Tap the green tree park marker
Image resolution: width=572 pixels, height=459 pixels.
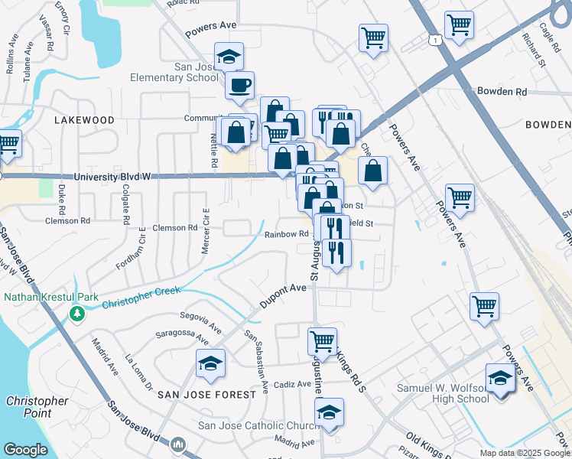pos(76,314)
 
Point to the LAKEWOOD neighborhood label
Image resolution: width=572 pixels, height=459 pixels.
pos(84,121)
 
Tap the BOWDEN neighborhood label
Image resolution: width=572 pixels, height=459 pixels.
pos(550,125)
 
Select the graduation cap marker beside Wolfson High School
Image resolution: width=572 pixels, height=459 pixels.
pos(501,379)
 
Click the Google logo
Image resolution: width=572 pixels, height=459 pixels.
pos(26,450)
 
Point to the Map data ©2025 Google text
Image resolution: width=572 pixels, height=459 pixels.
pos(524,453)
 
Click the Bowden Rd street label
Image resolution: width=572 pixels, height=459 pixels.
pos(502,92)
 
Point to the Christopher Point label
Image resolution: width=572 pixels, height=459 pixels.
pos(37,407)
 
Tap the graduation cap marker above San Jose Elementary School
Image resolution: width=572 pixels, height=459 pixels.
pos(229,57)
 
